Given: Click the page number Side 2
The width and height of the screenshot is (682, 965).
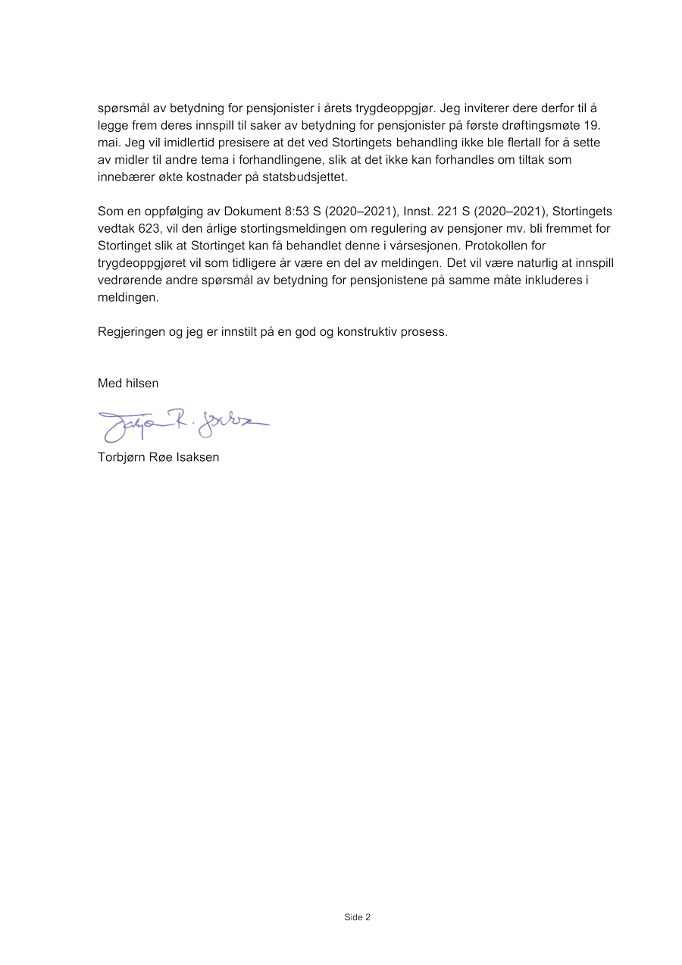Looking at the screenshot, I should [x=357, y=917].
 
